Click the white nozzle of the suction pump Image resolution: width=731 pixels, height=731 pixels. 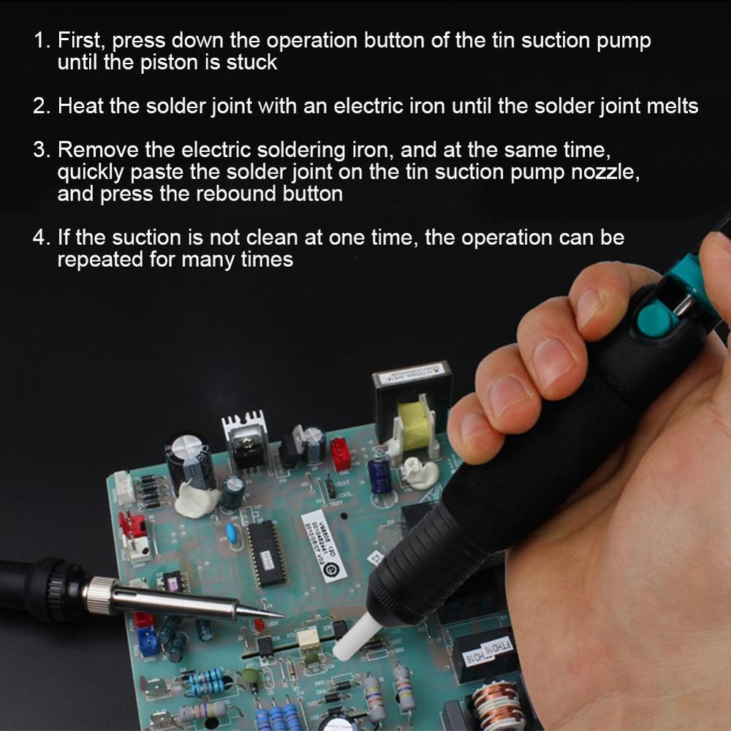[356, 637]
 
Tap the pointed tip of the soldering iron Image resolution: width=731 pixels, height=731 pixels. [282, 616]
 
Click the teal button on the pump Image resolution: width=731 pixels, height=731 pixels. [657, 319]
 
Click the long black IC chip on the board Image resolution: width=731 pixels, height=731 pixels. [266, 553]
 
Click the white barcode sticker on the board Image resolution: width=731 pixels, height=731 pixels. [324, 546]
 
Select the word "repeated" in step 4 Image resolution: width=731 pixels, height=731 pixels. [99, 260]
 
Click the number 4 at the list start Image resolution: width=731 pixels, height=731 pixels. [41, 238]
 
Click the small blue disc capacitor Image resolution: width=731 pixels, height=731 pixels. [231, 532]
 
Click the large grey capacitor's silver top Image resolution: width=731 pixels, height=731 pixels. [186, 445]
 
